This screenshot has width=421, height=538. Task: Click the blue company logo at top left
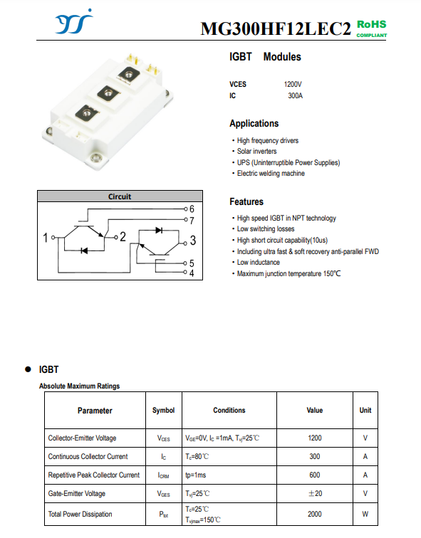pyautogui.click(x=74, y=22)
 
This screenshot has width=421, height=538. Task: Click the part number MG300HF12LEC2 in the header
pyautogui.click(x=276, y=28)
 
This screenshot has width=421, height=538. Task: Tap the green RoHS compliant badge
pyautogui.click(x=372, y=28)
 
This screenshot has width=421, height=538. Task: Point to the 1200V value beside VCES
pyautogui.click(x=293, y=84)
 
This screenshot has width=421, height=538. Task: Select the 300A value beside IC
pyautogui.click(x=296, y=96)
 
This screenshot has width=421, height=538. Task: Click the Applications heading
pyautogui.click(x=254, y=124)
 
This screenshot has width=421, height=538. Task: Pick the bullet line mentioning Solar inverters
pyautogui.click(x=254, y=152)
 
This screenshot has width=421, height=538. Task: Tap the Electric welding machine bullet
pyautogui.click(x=268, y=173)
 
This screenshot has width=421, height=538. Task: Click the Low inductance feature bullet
pyautogui.click(x=256, y=262)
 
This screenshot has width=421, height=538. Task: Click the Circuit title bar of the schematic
pyautogui.click(x=120, y=196)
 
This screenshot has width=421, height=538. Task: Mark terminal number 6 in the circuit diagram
pyautogui.click(x=192, y=209)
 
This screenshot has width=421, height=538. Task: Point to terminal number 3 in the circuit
pyautogui.click(x=193, y=241)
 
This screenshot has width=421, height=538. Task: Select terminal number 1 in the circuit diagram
pyautogui.click(x=46, y=238)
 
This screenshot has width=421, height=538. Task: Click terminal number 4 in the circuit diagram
pyautogui.click(x=192, y=273)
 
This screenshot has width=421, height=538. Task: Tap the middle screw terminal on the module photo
pyautogui.click(x=108, y=93)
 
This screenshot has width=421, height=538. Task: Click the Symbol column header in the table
pyautogui.click(x=163, y=411)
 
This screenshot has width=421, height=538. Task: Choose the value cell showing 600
pyautogui.click(x=315, y=475)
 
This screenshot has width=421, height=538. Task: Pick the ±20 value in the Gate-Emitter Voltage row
pyautogui.click(x=315, y=493)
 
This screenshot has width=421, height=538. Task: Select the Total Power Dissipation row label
pyautogui.click(x=80, y=514)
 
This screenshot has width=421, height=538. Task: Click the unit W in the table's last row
pyautogui.click(x=365, y=514)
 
